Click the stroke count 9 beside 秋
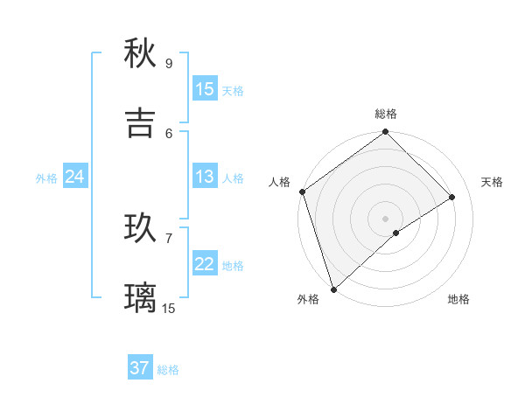pos(169,63)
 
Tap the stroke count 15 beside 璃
pos(169,308)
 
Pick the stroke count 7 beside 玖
pos(169,238)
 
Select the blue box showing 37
pos(140,368)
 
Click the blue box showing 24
pos(74,178)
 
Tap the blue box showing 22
pos(205,264)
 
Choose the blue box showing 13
pos(205,177)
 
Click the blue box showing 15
pos(205,89)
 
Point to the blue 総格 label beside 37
pos(168,370)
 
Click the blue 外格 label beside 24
pos(46,178)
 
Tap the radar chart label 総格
pos(386,114)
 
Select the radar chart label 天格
pos(493,182)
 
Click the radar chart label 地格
pos(458,299)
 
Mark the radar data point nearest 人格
pos(302,192)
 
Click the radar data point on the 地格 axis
pos(396,233)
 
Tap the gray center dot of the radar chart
pos(386,218)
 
